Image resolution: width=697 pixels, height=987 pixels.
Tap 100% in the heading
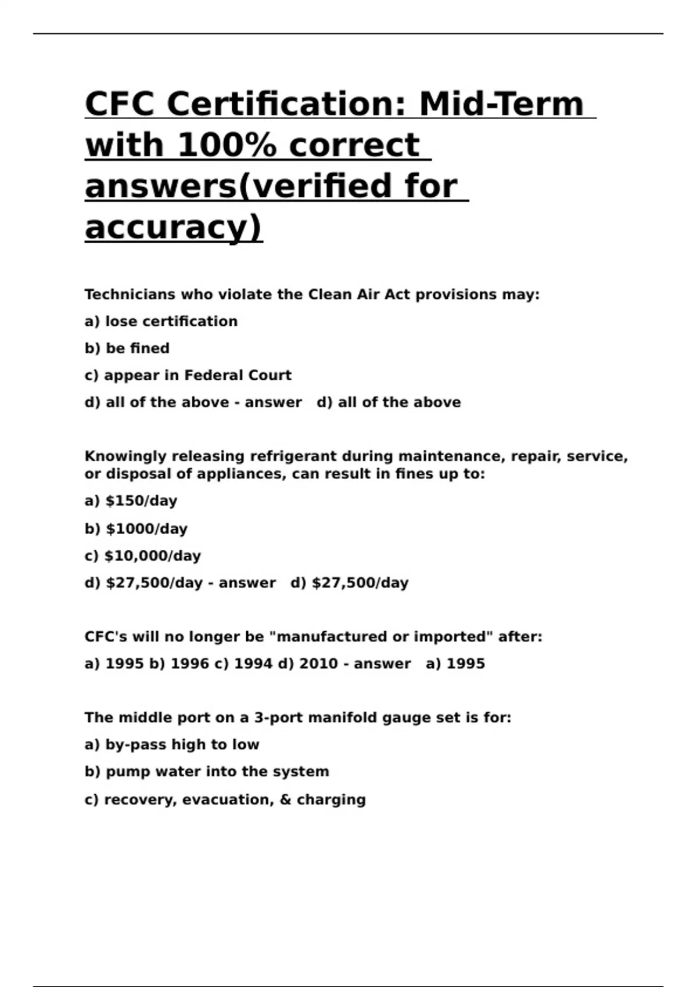coord(227,145)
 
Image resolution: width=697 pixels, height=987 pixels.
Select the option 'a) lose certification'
coord(161,322)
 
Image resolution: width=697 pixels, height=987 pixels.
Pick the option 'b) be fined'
coord(127,348)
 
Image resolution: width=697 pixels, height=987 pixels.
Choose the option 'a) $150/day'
coord(131,501)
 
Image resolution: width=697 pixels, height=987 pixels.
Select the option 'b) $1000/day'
coord(136,529)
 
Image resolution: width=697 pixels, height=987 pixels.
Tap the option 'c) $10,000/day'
coord(143,556)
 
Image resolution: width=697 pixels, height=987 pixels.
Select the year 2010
coord(318,664)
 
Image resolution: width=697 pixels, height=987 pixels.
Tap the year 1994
coord(253,664)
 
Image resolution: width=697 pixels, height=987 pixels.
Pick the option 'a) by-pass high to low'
coord(172,745)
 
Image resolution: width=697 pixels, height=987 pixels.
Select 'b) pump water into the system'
coord(207,772)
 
